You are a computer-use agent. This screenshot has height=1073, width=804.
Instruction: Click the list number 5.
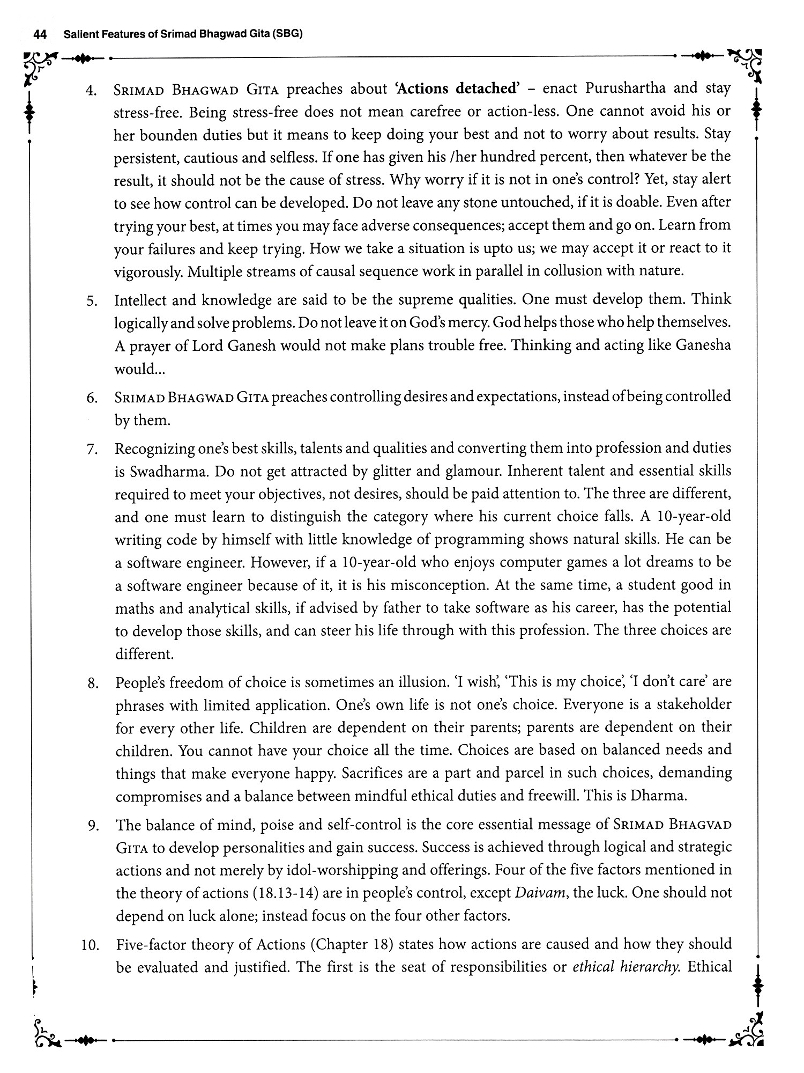pyautogui.click(x=92, y=301)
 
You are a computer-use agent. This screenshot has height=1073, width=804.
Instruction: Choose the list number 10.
pyautogui.click(x=90, y=946)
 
